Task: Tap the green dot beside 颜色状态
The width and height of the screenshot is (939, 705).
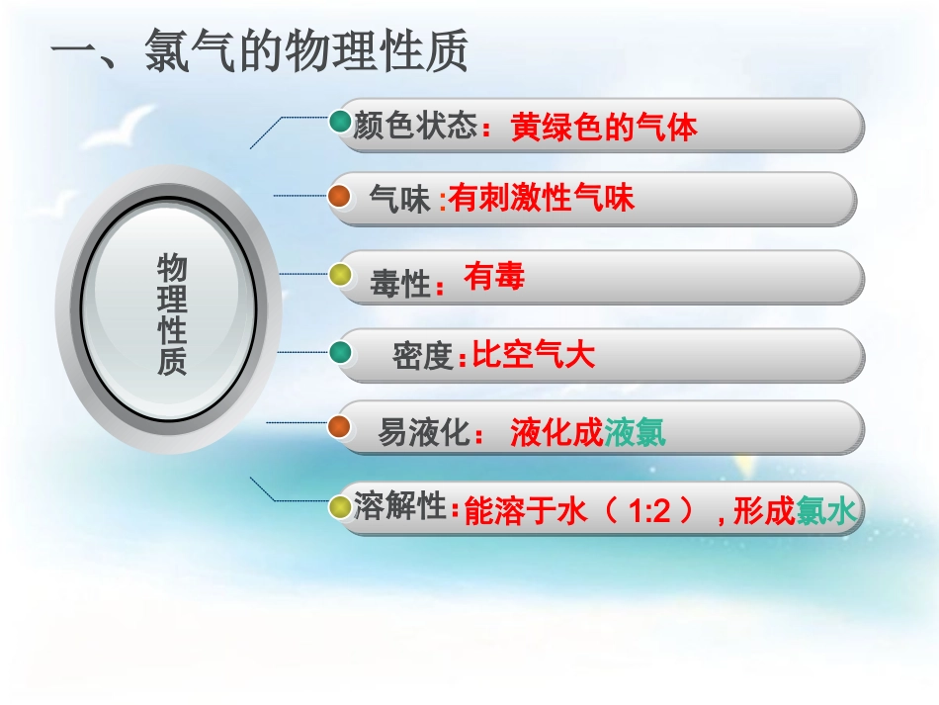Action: pos(339,123)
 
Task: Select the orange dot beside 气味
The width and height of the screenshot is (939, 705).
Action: pos(339,197)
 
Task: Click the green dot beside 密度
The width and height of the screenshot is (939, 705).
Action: pos(339,353)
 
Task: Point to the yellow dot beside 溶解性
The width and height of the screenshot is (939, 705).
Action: pos(339,507)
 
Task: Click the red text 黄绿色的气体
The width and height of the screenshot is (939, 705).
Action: pos(604,128)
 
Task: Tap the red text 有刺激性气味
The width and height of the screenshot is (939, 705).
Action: pos(542,199)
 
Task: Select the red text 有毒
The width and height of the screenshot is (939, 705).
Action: pos(493,278)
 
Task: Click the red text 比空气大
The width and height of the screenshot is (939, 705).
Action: pos(534,354)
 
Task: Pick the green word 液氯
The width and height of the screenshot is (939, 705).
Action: pos(636,432)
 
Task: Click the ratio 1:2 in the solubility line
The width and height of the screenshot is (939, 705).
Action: pos(649,512)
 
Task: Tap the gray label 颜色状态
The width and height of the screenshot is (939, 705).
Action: pos(416,127)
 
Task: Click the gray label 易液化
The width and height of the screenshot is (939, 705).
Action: pos(422,432)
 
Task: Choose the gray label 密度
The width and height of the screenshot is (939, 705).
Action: pos(422,355)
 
